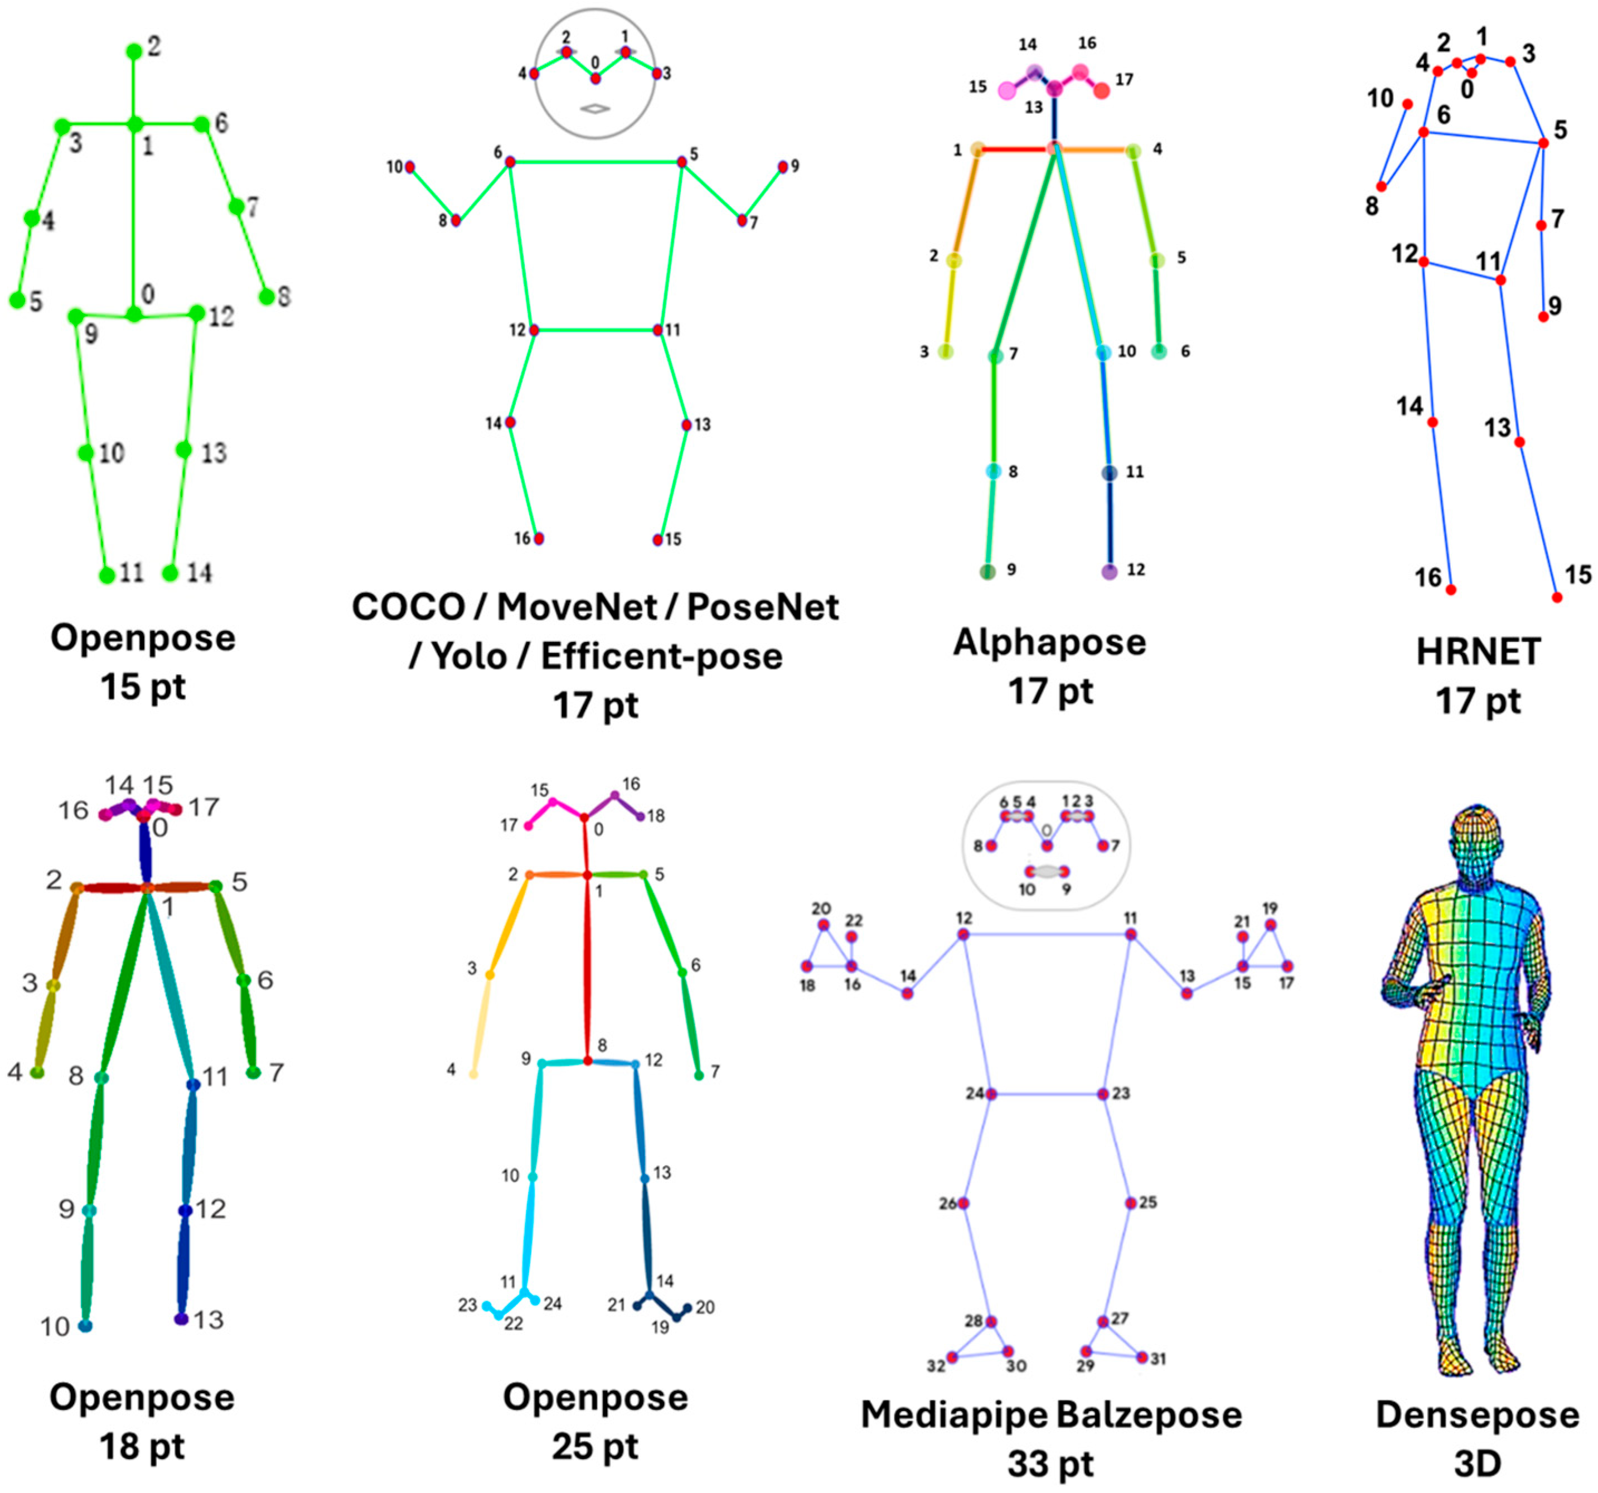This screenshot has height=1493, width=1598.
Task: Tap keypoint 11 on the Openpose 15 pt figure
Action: (107, 575)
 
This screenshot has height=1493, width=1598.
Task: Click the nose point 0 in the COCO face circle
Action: (595, 78)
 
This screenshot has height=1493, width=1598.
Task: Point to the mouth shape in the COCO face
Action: (595, 109)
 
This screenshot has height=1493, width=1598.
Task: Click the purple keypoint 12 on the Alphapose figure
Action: (1109, 572)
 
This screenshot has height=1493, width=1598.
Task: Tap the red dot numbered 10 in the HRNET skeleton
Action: (1407, 104)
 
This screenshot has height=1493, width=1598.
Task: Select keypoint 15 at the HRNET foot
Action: (1557, 597)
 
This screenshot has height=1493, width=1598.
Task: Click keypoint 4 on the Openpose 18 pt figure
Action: (37, 1072)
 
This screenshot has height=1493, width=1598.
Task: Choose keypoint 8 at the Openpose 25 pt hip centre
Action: (588, 1061)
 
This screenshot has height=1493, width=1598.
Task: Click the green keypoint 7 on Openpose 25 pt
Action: (699, 1075)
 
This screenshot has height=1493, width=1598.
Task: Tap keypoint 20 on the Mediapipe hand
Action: (823, 925)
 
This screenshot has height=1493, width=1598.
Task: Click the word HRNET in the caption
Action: (1478, 651)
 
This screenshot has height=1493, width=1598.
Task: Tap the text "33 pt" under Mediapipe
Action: (1050, 1463)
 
